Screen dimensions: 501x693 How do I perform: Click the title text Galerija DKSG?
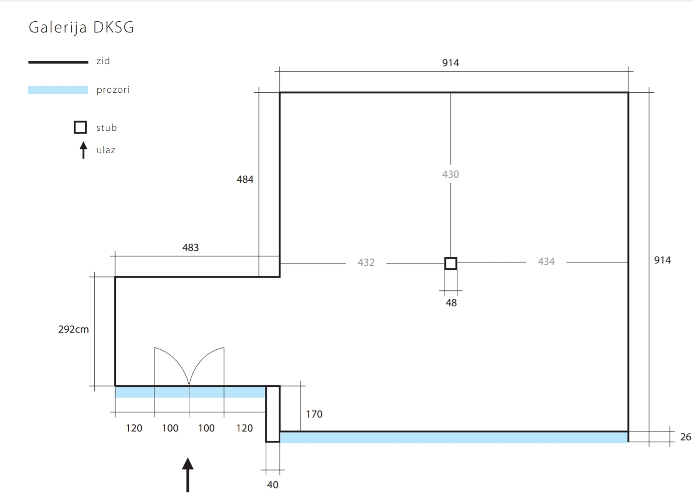tap(81, 27)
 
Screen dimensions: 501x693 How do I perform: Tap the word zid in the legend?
tap(103, 61)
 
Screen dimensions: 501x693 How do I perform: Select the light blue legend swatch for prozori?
tap(58, 90)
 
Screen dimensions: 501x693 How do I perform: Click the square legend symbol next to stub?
tap(80, 127)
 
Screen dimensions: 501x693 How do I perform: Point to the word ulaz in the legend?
tap(106, 150)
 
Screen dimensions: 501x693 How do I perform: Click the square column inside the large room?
tap(450, 263)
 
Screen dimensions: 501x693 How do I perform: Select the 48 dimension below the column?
tap(451, 303)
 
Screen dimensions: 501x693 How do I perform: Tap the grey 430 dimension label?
tap(450, 174)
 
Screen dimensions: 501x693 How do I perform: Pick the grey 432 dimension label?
tap(366, 263)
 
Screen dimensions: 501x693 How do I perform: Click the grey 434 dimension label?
tap(546, 262)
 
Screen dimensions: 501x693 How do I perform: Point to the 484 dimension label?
tap(245, 180)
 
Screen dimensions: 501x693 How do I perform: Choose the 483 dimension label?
tap(190, 248)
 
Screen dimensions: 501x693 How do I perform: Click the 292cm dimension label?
tap(73, 329)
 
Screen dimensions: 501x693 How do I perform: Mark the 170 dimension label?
tap(314, 414)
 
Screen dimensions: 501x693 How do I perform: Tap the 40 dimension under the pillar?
tap(273, 485)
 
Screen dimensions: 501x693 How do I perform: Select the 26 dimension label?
tap(686, 437)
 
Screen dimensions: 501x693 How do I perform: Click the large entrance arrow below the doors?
tap(187, 474)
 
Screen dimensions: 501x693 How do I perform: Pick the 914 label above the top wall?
tap(450, 63)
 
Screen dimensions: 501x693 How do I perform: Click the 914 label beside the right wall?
tap(662, 260)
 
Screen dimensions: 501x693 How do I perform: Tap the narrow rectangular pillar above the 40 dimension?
tap(273, 414)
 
